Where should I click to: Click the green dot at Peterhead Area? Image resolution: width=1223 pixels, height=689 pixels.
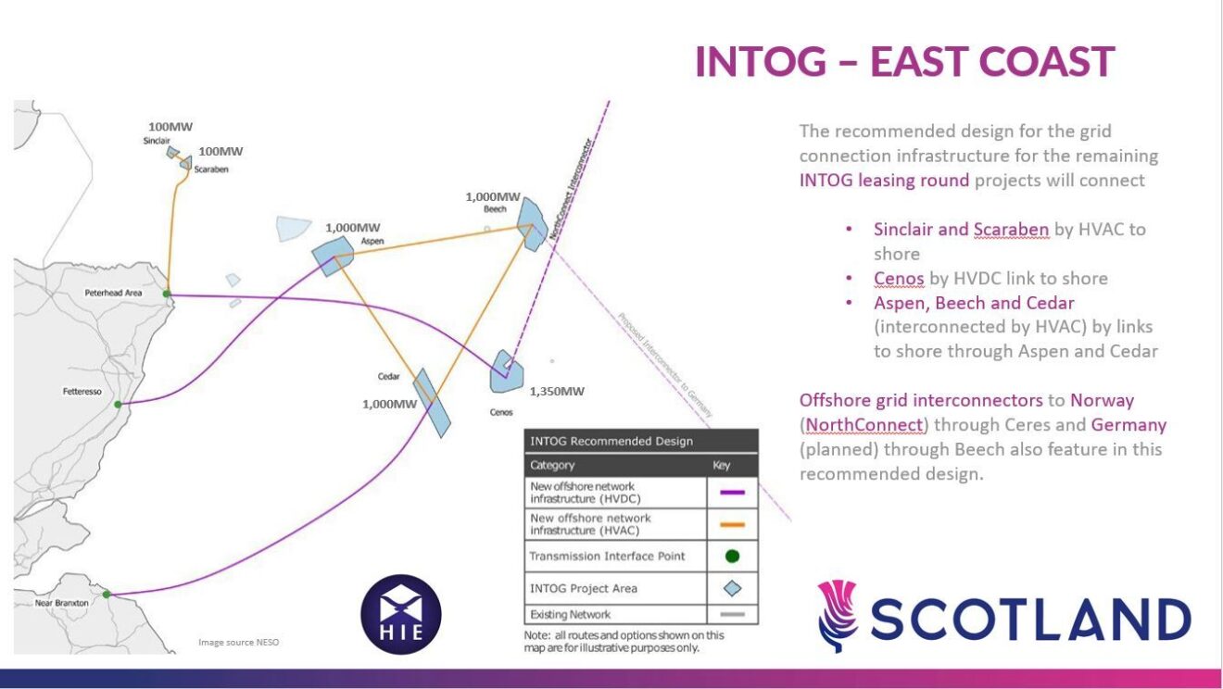167,294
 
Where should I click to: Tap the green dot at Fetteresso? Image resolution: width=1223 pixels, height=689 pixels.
118,405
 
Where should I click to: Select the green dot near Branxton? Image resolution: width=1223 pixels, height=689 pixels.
107,594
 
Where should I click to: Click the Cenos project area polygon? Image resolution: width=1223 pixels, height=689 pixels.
507,371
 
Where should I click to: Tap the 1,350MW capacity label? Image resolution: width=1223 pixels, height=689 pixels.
557,391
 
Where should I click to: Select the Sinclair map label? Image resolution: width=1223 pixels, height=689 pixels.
157,141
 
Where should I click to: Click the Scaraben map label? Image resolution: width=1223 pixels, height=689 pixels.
211,169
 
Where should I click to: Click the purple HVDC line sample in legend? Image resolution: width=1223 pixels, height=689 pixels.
731,493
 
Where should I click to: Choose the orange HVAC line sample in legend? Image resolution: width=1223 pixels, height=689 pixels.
731,524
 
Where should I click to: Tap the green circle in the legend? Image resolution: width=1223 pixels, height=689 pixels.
732,557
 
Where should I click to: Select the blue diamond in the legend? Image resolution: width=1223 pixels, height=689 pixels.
732,588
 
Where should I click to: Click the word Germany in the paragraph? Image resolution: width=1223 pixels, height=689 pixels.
1128,425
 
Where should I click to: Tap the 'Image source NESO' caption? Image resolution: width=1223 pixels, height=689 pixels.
238,642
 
